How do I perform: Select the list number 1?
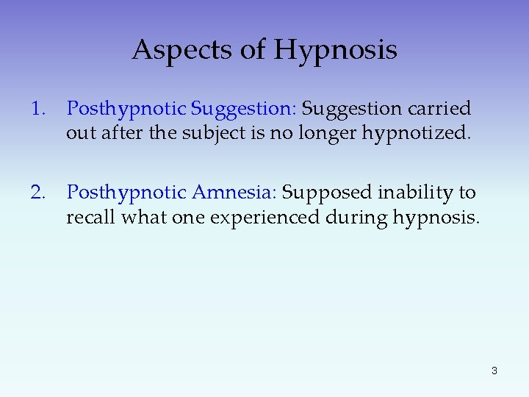37,109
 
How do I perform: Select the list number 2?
37,193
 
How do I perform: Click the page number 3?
494,371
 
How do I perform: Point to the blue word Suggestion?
243,110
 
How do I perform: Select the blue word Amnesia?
234,193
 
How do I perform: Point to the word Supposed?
327,193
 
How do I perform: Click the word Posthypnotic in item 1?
126,110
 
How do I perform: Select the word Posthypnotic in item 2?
126,193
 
